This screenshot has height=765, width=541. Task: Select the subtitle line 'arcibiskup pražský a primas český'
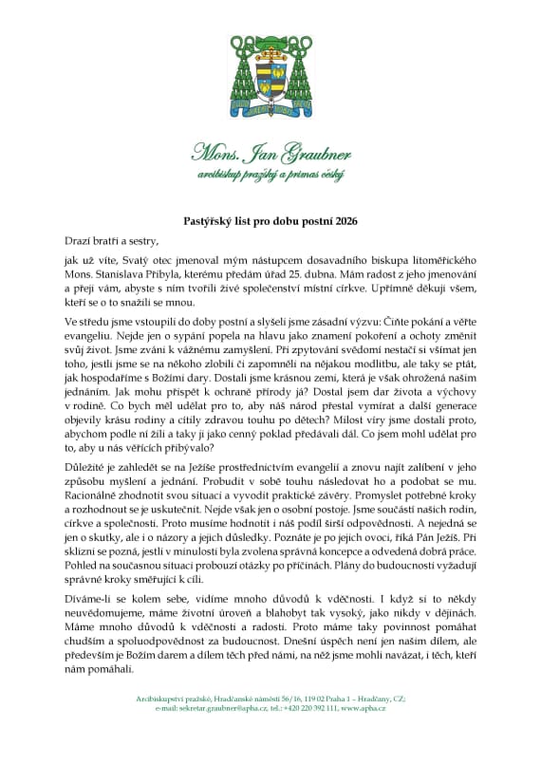pos(270,175)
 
